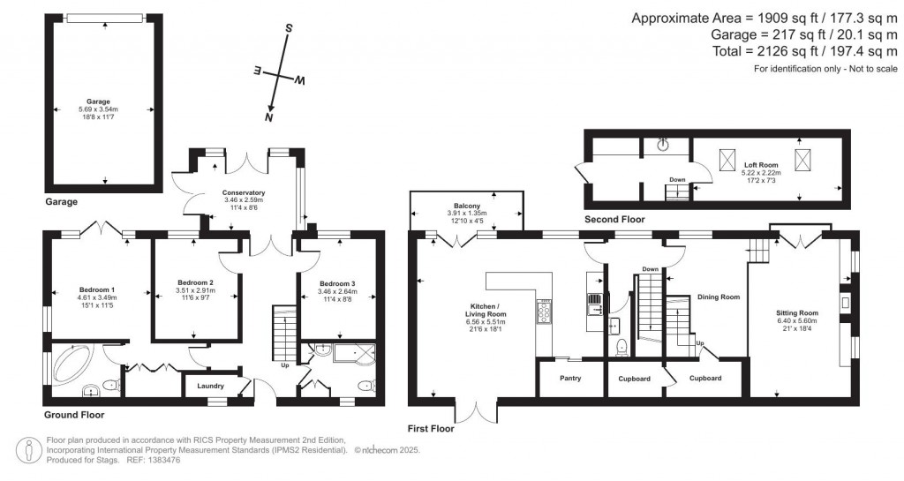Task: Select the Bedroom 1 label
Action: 97,289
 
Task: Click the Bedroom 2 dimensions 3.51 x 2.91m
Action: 194,290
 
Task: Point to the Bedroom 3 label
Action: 336,283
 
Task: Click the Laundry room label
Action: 210,386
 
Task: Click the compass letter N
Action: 269,116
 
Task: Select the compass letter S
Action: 288,28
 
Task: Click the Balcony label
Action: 467,206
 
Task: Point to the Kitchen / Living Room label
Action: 486,310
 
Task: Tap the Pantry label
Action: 569,379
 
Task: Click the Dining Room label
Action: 718,297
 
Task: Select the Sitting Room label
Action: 797,312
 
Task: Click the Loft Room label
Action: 760,164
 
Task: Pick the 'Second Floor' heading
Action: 614,219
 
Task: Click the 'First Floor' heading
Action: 431,429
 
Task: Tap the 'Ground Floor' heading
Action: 74,414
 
